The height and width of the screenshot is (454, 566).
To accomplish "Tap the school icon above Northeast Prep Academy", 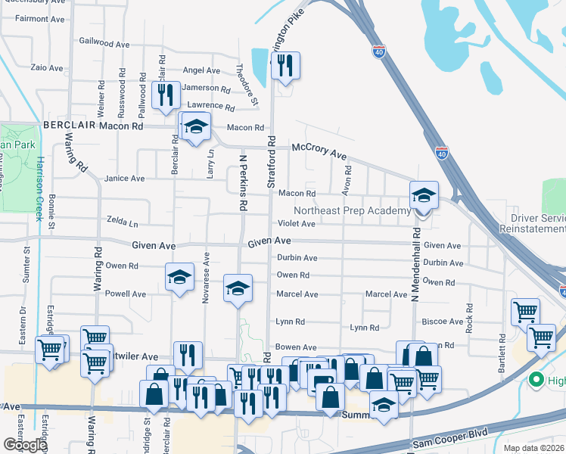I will click(x=424, y=197).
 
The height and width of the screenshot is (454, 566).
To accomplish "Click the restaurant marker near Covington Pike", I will click(x=285, y=67).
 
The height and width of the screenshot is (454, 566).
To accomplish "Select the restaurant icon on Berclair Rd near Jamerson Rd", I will click(x=165, y=96).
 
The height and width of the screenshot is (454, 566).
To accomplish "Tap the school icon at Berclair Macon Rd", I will click(x=196, y=127).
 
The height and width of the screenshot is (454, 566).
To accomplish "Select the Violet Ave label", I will click(x=296, y=224).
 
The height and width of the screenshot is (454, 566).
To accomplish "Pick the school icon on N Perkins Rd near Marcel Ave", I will click(x=238, y=289).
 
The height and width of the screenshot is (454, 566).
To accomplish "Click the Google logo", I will click(x=24, y=445).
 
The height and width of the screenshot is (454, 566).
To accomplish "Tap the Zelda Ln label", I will click(x=123, y=224).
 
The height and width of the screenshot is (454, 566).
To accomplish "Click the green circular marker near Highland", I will click(x=536, y=380).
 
